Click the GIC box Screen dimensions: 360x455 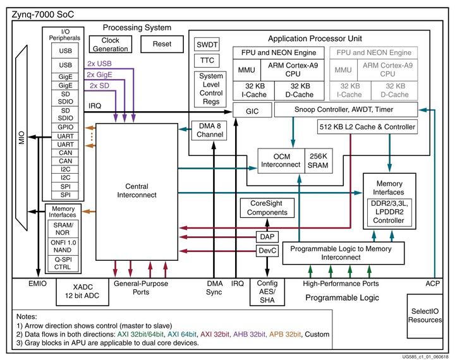(246, 111)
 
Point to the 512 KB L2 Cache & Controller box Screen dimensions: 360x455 (367, 128)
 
